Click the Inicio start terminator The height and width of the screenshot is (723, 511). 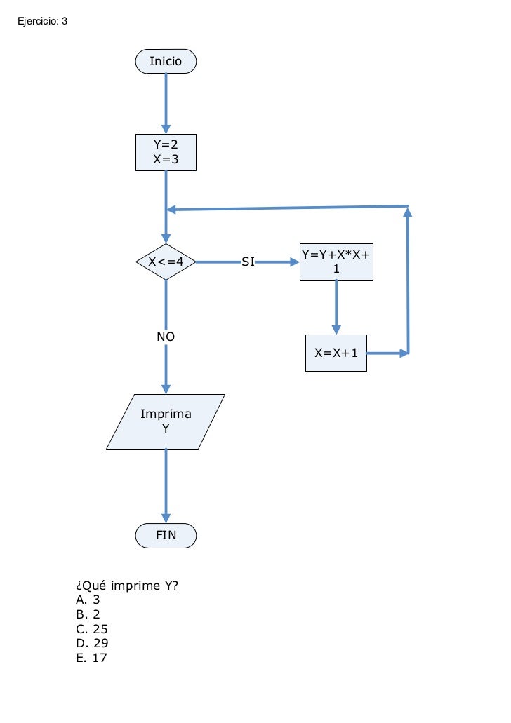click(166, 62)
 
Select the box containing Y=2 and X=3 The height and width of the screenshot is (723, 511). click(166, 152)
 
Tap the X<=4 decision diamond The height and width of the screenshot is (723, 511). click(166, 262)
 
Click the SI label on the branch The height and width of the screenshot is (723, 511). click(248, 262)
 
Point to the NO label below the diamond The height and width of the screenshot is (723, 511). click(166, 337)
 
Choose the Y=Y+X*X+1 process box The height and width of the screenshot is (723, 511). click(336, 262)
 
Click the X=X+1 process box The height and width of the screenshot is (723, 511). click(336, 353)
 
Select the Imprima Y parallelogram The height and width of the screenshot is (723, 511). click(166, 421)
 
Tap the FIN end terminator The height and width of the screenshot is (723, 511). click(166, 536)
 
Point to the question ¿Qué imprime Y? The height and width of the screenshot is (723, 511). click(126, 586)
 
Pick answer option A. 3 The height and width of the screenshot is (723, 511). click(88, 600)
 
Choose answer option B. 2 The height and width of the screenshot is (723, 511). click(88, 614)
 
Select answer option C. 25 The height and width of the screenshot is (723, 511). click(91, 629)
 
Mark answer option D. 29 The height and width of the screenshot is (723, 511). click(91, 643)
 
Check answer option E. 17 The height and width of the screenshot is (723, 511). click(91, 658)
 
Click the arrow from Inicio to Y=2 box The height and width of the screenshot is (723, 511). click(166, 102)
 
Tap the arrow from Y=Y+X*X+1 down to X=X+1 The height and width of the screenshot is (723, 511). click(336, 306)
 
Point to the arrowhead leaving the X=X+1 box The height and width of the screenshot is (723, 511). click(403, 353)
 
